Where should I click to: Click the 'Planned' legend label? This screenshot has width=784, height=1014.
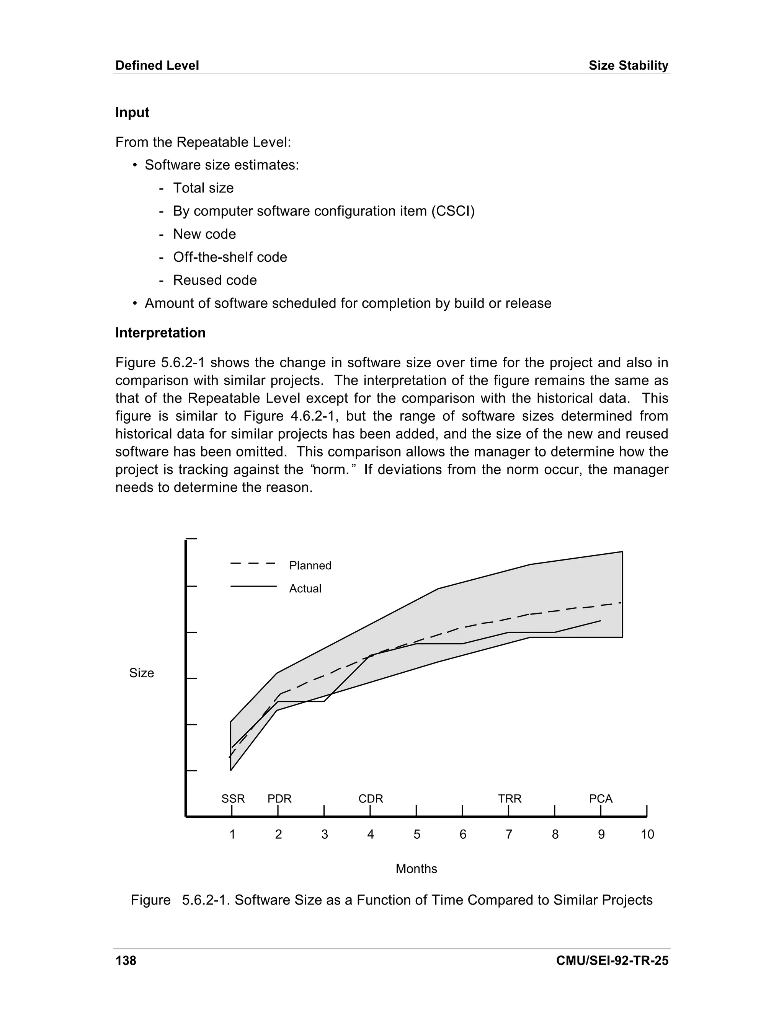310,566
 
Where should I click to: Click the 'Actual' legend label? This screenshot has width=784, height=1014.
305,589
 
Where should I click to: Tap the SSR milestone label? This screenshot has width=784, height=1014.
233,799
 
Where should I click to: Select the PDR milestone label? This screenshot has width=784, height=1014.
279,799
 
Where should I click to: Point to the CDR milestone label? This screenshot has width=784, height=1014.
371,799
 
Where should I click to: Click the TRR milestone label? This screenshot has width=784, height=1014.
510,799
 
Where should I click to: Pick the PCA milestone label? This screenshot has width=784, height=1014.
601,799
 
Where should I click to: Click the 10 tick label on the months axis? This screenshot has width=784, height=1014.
647,834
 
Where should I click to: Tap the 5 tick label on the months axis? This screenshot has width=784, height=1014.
416,834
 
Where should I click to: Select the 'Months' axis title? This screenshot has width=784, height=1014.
416,869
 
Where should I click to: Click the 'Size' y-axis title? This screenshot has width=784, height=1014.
141,673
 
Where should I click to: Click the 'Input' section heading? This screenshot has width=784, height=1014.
132,112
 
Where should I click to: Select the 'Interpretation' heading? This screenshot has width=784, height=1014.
160,333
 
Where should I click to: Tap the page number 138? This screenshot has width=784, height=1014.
126,960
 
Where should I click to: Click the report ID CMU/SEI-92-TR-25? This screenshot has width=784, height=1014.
612,960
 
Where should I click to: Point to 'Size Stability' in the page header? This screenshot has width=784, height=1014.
628,65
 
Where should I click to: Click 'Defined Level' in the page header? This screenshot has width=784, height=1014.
157,65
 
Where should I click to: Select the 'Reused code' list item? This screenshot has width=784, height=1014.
215,280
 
